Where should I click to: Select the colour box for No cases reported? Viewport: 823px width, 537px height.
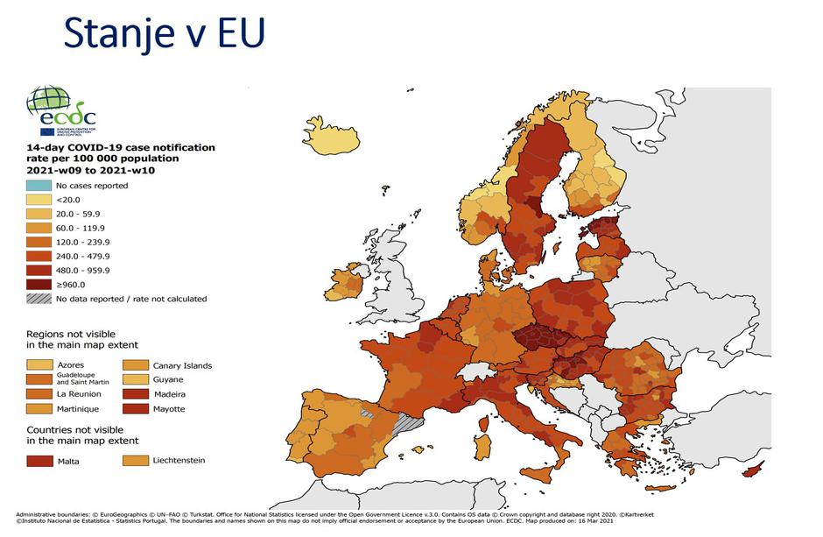click(x=38, y=186)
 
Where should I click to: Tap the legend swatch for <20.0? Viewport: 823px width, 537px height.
click(x=38, y=200)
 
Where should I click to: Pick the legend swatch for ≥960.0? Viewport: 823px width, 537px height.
click(x=38, y=284)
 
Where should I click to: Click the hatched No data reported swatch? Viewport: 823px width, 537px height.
click(x=38, y=299)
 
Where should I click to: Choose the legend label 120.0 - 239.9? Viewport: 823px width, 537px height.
click(x=82, y=242)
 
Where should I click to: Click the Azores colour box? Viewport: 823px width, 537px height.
click(x=38, y=364)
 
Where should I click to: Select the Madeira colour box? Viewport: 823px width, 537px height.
click(x=134, y=394)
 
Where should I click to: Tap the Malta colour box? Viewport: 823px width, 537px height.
click(x=38, y=460)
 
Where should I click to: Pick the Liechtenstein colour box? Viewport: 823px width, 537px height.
click(x=134, y=460)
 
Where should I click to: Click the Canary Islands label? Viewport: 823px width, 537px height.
click(x=182, y=365)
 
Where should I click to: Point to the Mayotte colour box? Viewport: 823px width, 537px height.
click(x=134, y=409)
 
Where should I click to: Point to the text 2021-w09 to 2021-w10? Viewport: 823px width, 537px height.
click(x=97, y=170)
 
